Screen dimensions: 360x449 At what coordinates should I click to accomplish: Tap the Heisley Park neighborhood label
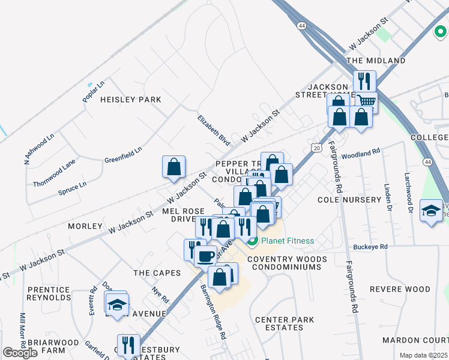point(123,99)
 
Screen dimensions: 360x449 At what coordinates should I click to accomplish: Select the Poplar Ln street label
point(94,91)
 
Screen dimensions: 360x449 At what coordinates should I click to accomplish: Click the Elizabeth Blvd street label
point(214,130)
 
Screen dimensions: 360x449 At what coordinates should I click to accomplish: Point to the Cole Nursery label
point(349,199)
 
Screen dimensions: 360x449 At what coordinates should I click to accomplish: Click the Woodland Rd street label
point(361,155)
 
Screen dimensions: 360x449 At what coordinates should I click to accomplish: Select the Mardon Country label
point(415,340)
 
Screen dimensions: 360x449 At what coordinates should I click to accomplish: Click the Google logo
point(20,353)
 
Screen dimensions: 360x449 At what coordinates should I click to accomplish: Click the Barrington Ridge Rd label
point(212,311)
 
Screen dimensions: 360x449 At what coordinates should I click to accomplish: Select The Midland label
point(376,61)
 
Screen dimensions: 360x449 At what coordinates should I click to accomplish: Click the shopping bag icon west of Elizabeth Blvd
point(173,166)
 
